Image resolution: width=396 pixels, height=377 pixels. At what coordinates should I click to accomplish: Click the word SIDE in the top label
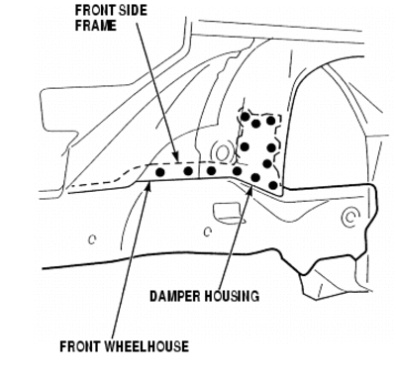[133, 11]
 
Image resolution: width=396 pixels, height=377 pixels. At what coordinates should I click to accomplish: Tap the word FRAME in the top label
[96, 26]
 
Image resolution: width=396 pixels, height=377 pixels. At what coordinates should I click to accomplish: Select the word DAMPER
[175, 296]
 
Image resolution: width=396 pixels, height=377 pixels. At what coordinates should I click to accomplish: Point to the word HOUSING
[231, 296]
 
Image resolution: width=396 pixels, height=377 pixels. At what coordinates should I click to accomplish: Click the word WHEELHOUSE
[147, 346]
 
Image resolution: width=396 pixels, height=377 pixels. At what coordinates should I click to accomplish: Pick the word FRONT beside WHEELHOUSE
[80, 346]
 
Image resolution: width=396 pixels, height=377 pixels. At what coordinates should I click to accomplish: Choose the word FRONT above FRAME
[95, 11]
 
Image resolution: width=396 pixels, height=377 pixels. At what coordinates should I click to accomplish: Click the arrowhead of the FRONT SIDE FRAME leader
[177, 158]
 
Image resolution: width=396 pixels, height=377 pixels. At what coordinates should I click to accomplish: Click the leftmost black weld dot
[160, 172]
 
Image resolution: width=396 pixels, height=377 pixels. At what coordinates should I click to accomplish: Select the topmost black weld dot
[246, 117]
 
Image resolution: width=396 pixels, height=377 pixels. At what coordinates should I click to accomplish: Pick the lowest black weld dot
[273, 185]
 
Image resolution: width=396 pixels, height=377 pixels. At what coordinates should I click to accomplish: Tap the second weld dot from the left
[188, 170]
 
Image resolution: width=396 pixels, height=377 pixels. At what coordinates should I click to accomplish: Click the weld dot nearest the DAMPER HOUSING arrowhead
[255, 177]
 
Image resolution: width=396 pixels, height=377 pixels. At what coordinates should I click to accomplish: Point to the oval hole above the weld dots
[222, 151]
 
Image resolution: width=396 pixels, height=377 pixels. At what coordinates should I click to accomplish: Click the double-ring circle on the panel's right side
[350, 217]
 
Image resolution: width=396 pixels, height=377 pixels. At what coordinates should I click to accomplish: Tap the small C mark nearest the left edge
[92, 239]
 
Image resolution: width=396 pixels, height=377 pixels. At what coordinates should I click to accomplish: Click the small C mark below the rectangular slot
[207, 233]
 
